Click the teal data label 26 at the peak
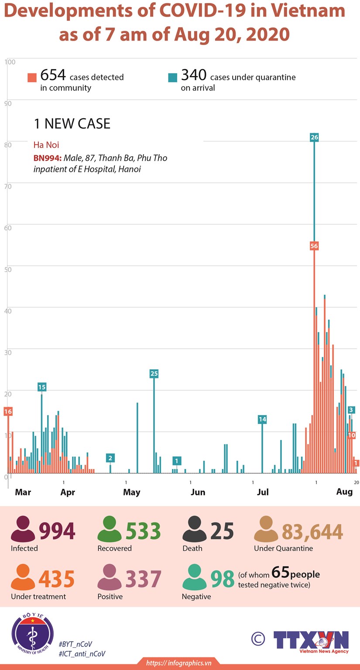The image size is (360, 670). [314, 137]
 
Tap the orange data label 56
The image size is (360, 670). [314, 246]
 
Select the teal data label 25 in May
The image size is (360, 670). [154, 374]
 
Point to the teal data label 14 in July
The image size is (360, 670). [262, 419]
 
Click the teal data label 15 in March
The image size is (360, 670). [41, 387]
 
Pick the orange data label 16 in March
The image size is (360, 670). [8, 411]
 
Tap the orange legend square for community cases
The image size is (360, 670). [32, 78]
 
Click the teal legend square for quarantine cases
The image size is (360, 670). [173, 78]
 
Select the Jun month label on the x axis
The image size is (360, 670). [198, 492]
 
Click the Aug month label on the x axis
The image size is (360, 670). [344, 491]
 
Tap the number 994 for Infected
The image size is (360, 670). [57, 531]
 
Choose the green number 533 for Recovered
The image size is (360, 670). [143, 531]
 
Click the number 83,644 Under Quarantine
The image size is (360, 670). [312, 531]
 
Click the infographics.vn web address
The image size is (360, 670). [179, 663]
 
